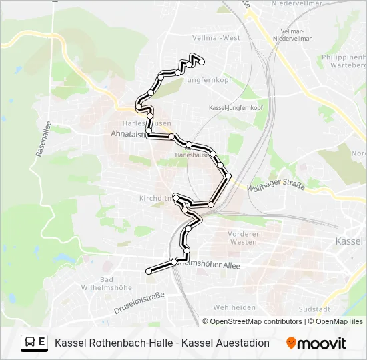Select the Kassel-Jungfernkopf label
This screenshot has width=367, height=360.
point(236,107)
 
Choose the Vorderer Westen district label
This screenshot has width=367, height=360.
point(243,238)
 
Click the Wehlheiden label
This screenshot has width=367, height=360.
point(234,307)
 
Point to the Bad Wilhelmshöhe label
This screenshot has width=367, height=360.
point(115,284)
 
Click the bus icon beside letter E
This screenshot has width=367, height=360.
point(31,343)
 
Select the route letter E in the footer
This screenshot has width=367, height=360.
point(42,343)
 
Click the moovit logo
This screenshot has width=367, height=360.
point(316,343)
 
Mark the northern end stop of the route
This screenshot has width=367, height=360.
point(202,63)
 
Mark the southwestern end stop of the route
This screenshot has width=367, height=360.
point(149,271)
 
